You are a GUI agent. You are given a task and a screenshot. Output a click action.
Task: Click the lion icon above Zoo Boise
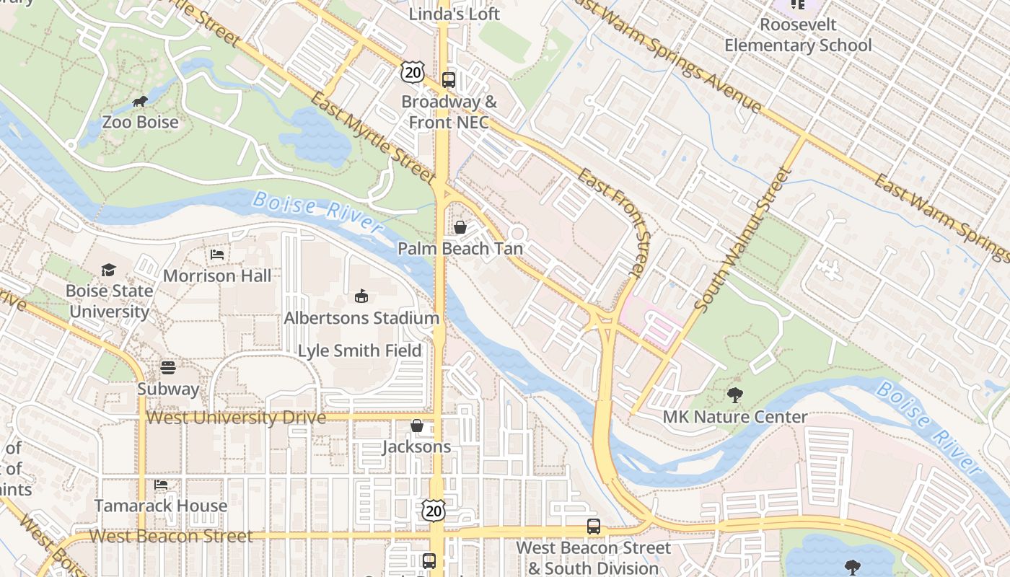(x=140, y=102)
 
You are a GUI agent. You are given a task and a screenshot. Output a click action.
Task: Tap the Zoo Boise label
(x=140, y=122)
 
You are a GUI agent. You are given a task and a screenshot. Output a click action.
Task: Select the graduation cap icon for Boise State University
(x=108, y=270)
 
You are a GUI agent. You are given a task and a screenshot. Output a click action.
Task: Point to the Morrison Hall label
(x=217, y=276)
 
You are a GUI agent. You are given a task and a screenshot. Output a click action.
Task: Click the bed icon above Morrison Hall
(x=216, y=255)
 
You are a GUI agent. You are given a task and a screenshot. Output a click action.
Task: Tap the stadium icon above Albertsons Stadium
(x=361, y=296)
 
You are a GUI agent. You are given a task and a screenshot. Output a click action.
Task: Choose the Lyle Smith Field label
(x=360, y=351)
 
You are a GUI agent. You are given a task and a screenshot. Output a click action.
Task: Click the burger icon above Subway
(x=168, y=368)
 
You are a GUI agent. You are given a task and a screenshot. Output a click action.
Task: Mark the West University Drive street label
(x=236, y=418)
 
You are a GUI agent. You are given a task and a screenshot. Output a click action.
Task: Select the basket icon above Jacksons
(x=416, y=426)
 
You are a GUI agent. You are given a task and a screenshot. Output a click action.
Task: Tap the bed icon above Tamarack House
(x=161, y=485)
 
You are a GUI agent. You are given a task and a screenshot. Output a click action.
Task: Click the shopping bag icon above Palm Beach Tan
(x=460, y=227)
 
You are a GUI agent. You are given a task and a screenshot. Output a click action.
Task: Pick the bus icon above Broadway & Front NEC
(x=449, y=80)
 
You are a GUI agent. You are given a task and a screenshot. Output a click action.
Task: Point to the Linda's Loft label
(x=454, y=14)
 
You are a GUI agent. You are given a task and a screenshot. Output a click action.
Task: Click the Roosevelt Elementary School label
(x=798, y=35)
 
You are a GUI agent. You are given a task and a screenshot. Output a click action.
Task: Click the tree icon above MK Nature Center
(x=735, y=395)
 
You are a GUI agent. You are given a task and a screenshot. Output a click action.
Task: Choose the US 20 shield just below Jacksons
(x=433, y=510)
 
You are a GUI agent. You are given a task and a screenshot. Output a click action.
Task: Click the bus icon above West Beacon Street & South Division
(x=594, y=527)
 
